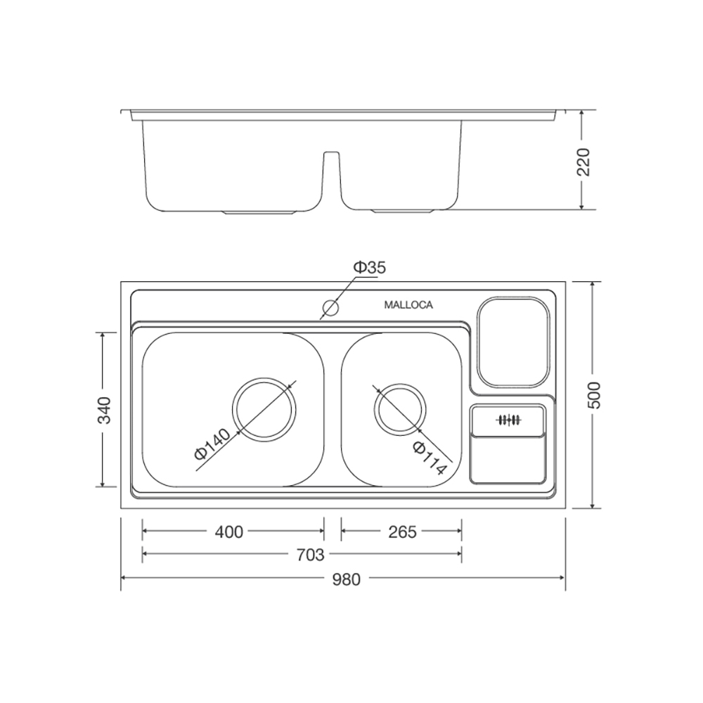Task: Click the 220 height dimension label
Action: [584, 162]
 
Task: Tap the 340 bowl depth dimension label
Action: [105, 410]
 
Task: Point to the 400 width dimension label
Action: [228, 532]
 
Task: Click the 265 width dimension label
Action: [402, 532]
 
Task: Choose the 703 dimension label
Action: [310, 555]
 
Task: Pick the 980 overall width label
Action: [346, 579]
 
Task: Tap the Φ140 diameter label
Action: [212, 444]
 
